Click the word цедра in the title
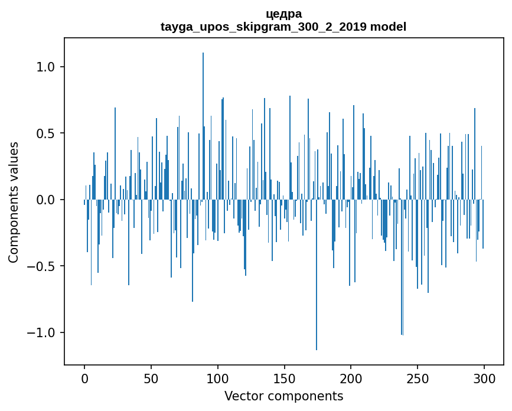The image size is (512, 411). coord(283,14)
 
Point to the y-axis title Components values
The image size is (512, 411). coord(14,202)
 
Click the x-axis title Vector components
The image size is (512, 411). coord(283,396)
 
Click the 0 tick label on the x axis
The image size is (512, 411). coord(84,379)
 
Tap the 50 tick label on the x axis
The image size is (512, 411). coord(151,379)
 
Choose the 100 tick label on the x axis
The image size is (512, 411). coord(218,379)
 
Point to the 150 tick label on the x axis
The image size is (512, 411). coord(285,379)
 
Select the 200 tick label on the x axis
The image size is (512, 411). coord(351,379)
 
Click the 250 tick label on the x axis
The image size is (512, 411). coord(418,379)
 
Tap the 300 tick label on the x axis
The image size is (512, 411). coord(484,379)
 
